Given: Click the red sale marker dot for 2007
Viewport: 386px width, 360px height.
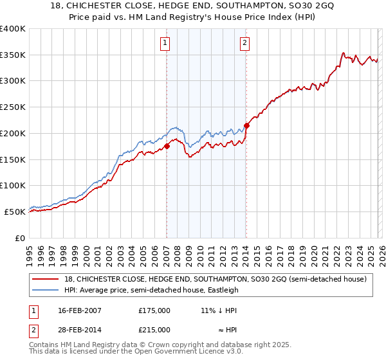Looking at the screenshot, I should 167,146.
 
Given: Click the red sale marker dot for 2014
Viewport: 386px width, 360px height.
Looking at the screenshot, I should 246,125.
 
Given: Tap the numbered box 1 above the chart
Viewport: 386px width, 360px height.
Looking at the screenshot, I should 165,43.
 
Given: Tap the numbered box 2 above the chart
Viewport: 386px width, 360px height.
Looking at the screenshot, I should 245,43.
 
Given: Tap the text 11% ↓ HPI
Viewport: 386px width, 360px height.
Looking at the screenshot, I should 219,310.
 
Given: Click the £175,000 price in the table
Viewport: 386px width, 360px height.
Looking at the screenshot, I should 154,310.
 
